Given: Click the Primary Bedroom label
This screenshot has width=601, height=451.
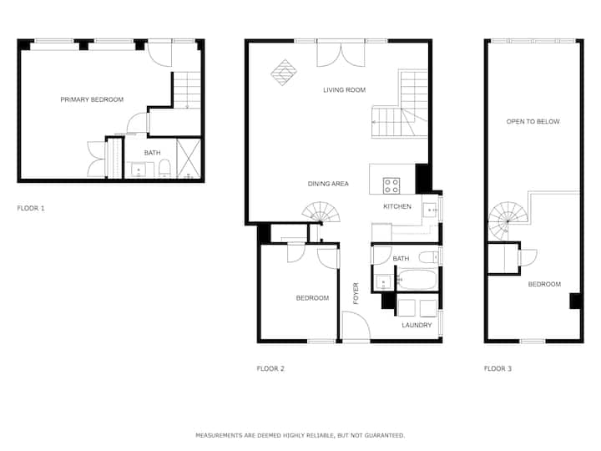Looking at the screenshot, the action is click(x=92, y=99).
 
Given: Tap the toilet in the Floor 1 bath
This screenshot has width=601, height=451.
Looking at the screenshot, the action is click(x=164, y=169).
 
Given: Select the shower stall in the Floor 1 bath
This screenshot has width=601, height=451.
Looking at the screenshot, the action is click(x=189, y=159).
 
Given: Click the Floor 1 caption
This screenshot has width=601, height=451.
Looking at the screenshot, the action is click(x=31, y=208).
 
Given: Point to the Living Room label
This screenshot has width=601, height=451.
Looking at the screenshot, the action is click(x=344, y=90).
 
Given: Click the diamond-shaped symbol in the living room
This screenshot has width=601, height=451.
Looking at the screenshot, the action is click(x=284, y=72).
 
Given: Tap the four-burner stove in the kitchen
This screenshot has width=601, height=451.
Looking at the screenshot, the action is click(x=391, y=185).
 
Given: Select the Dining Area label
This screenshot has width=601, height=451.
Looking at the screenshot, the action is click(x=328, y=184).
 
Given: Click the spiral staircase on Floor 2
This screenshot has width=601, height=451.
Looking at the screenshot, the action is click(x=321, y=212).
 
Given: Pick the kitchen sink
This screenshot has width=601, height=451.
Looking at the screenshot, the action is click(x=431, y=210).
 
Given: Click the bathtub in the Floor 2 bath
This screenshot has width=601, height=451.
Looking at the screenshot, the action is click(x=417, y=279).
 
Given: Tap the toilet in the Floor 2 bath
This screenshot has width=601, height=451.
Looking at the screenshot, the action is click(x=428, y=256).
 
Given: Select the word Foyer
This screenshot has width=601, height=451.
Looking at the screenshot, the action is click(x=356, y=293).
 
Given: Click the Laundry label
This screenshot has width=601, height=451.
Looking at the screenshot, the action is click(x=417, y=325).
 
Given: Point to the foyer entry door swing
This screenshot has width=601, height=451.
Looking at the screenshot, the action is click(x=356, y=325).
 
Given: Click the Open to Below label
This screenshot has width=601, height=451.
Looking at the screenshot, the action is click(x=533, y=122).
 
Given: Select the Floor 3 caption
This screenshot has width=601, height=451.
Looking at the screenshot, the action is click(x=497, y=368).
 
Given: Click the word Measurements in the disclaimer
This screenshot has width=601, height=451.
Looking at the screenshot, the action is click(x=220, y=435).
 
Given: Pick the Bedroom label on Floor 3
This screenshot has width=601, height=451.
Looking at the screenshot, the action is click(x=544, y=284).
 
